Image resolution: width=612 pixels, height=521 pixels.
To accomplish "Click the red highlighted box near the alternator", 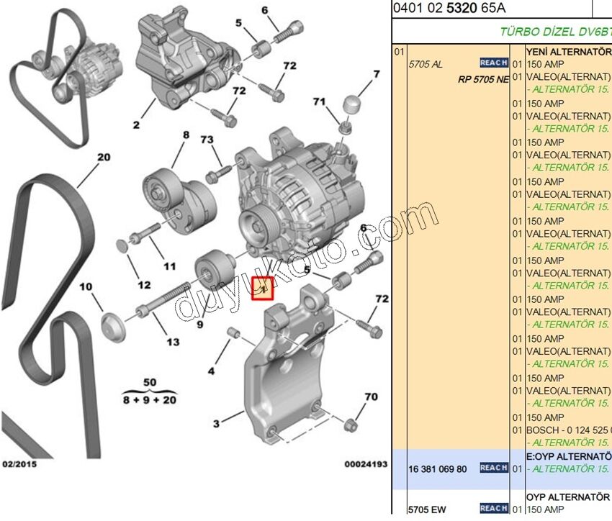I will (x=262, y=289).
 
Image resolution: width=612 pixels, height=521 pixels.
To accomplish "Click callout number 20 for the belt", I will (x=104, y=157).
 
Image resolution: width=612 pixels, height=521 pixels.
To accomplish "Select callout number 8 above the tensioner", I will (x=185, y=135).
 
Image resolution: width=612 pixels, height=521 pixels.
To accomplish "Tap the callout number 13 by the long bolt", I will (x=173, y=342).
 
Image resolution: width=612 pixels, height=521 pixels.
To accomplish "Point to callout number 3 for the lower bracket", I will (x=217, y=424).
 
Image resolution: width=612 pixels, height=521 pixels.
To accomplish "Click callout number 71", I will (x=320, y=102).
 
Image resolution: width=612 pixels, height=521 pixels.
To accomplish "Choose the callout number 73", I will (x=207, y=139).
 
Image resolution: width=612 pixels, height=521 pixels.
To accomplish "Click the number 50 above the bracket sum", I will (x=150, y=381).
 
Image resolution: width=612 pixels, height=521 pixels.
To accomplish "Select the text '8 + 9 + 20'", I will (x=150, y=399).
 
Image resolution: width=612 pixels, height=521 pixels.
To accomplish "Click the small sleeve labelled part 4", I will (x=233, y=332).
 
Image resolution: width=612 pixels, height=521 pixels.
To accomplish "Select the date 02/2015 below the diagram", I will (x=20, y=464).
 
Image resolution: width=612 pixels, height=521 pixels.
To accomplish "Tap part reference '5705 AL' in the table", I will (x=426, y=64).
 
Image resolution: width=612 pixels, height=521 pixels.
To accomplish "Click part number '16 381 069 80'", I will (x=438, y=469).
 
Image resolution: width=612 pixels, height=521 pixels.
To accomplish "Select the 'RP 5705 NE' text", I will (x=483, y=79).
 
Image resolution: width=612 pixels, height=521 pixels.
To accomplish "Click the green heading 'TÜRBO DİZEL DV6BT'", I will (x=554, y=32).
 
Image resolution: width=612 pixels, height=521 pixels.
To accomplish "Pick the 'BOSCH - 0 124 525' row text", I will (x=569, y=430).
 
